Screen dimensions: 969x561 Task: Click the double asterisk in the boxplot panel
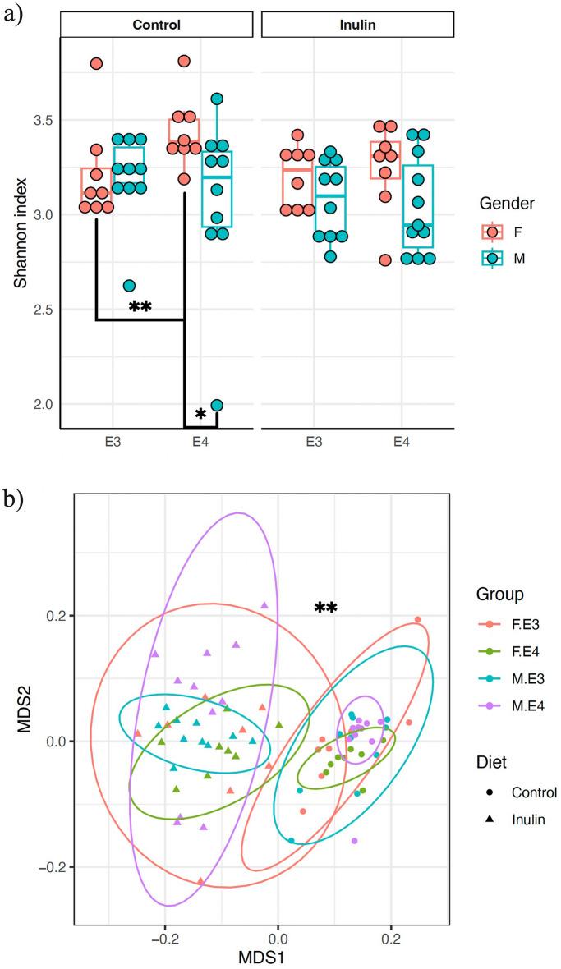(140, 308)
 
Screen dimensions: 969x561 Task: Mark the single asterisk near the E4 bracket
(201, 415)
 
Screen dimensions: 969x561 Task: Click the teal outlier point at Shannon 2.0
(217, 405)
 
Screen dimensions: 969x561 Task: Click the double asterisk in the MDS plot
(326, 608)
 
